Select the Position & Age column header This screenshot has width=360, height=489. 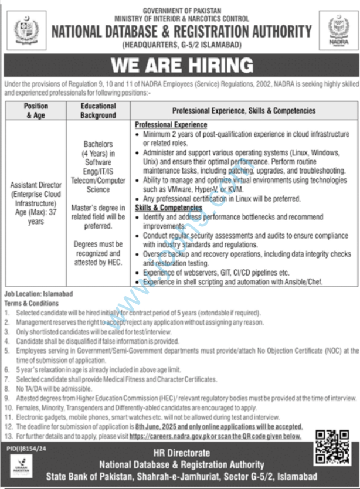point(36,111)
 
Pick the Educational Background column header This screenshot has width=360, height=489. point(97,111)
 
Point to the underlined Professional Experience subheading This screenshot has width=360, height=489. point(171,125)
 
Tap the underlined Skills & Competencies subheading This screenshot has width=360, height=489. point(169,208)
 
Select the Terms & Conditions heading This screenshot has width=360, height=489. point(32,304)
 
